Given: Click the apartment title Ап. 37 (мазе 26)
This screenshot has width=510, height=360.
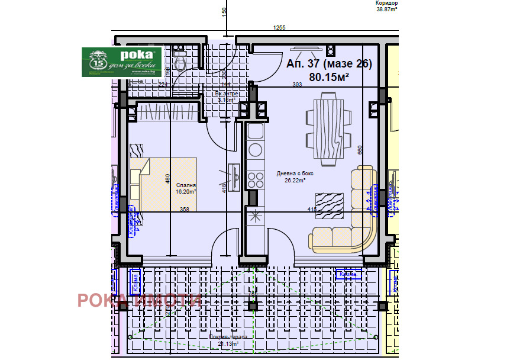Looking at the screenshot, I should click(x=329, y=65).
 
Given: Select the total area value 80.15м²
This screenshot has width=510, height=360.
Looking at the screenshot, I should click(x=329, y=77).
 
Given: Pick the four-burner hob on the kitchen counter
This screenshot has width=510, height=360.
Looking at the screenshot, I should click(x=255, y=178).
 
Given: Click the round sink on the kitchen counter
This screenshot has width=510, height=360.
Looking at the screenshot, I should click(x=255, y=149).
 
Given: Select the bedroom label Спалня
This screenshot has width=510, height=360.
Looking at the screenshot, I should click(x=185, y=185).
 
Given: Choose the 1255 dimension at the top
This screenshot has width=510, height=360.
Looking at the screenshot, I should click(x=279, y=28).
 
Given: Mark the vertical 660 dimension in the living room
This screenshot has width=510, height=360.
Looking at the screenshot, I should click(x=359, y=150).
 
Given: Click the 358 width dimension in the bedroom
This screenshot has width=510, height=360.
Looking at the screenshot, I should click(x=184, y=209).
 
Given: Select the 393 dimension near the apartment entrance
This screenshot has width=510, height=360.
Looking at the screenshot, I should click(x=298, y=85).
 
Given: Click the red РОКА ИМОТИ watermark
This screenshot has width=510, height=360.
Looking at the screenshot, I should click(x=140, y=300).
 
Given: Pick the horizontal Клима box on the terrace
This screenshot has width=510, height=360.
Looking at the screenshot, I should click(x=348, y=274).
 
